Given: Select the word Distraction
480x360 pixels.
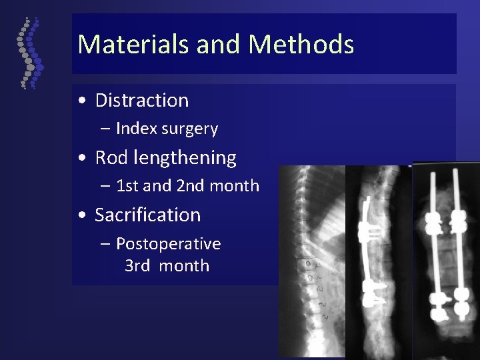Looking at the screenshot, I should pos(142,101).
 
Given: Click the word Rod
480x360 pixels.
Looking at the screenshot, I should pos(110,158).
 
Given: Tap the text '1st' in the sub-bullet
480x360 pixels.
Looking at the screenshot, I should pos(127,186).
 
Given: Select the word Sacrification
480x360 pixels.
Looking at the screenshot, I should pos(147,215).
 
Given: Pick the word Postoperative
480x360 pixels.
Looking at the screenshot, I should pos(169,244).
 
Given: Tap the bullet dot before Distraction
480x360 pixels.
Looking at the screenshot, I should pos(81,101).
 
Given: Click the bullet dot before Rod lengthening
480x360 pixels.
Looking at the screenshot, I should pos(81,159).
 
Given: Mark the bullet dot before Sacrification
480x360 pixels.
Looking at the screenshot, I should pos(81,216).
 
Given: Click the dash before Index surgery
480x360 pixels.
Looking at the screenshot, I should pos(106,129).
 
